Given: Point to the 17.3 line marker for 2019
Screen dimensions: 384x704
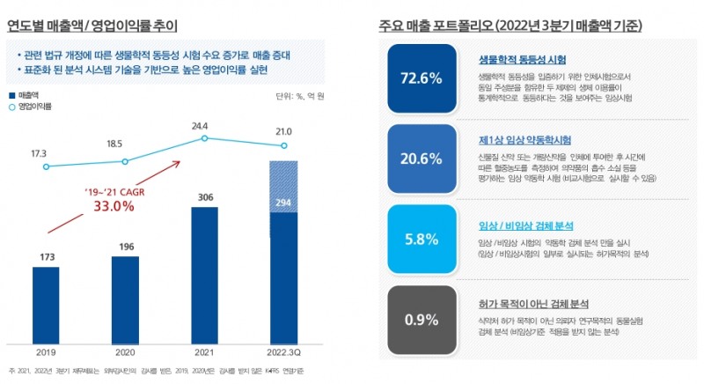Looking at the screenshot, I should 46,166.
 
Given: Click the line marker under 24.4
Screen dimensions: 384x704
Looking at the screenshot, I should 204,138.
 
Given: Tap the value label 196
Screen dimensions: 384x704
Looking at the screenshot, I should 125,247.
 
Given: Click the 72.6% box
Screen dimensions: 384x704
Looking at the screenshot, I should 420,79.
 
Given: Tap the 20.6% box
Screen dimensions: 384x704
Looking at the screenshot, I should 420,159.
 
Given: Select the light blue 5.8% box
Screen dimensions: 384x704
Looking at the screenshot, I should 420,239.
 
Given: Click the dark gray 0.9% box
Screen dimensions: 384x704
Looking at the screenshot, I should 420,318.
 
